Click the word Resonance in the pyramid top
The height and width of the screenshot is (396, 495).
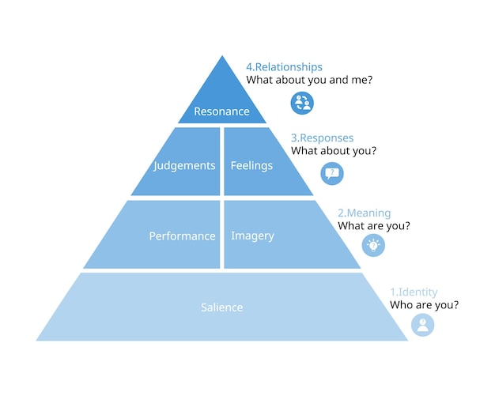tap(221, 111)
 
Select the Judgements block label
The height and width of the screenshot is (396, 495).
tap(185, 165)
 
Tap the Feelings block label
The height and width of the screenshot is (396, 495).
tap(251, 165)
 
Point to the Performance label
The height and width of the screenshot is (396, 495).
tap(182, 236)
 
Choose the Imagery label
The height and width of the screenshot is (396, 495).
tap(252, 236)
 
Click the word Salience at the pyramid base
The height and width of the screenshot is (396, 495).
tap(221, 307)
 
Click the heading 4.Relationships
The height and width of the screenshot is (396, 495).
tap(284, 67)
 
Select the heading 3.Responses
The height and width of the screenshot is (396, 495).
tap(322, 138)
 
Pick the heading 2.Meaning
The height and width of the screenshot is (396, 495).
tap(364, 213)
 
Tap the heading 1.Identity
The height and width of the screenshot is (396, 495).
tap(414, 292)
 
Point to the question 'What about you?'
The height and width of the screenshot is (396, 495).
tap(334, 150)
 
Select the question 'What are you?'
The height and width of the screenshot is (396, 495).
tap(374, 226)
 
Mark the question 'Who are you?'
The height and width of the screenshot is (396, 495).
tap(424, 304)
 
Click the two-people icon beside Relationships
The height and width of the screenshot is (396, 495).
tap(302, 102)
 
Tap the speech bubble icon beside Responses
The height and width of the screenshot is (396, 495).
tap(332, 173)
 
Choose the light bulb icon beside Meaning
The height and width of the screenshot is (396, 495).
tap(373, 245)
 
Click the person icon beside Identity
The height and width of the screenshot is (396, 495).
tap(423, 324)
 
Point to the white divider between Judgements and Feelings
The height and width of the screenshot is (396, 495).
tap(221, 161)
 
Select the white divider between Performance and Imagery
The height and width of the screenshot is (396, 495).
tap(221, 234)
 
